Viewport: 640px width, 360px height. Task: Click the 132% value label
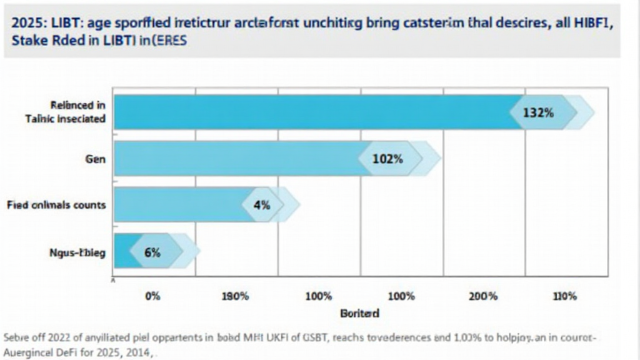pos(538,112)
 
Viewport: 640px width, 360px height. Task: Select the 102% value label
pos(387,159)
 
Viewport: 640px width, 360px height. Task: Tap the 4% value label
pos(262,204)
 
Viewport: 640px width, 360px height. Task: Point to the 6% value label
pos(152,252)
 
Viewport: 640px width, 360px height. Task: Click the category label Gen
pos(95,159)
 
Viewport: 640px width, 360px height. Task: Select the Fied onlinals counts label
pos(56,205)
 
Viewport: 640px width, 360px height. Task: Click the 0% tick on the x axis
pos(152,296)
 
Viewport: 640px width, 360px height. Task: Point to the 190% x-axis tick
pos(236,296)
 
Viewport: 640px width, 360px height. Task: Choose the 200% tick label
pos(483,296)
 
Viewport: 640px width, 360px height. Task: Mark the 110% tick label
pos(565,296)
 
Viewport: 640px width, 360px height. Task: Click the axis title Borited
pos(359,313)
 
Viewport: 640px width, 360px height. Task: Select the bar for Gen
pos(237,159)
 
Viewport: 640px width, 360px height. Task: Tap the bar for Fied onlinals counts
pos(178,204)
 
